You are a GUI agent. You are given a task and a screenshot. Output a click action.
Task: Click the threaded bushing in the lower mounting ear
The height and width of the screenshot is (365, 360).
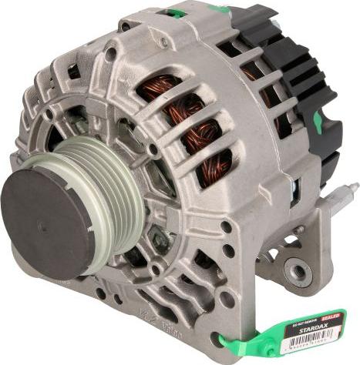pyautogui.click(x=298, y=270)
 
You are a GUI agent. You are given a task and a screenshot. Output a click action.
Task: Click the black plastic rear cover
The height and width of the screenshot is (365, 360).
pyautogui.click(x=301, y=92)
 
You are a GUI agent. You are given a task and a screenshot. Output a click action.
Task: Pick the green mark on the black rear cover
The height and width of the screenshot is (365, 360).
pyautogui.click(x=317, y=119)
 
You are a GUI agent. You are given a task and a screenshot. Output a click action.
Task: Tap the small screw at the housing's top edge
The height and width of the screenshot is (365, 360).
pyautogui.click(x=125, y=25)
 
